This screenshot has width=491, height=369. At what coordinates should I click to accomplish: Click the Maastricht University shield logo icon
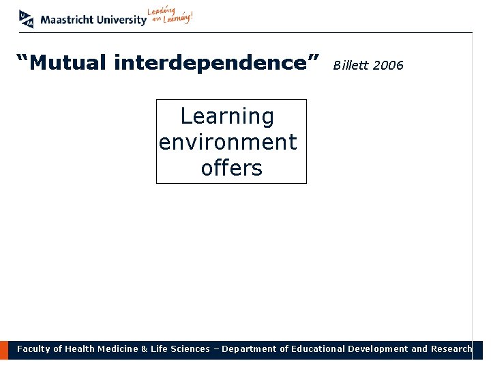pyautogui.click(x=26, y=19)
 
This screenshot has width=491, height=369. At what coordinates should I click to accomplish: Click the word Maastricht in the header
pyautogui.click(x=67, y=20)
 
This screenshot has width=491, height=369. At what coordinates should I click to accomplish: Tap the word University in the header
pyautogui.click(x=121, y=20)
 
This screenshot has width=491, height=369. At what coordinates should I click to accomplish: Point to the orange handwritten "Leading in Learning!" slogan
pyautogui.click(x=170, y=16)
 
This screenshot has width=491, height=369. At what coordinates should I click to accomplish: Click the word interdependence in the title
pyautogui.click(x=216, y=64)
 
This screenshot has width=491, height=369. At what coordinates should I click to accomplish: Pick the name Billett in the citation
pyautogui.click(x=350, y=66)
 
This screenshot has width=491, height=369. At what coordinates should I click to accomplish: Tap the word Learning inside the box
pyautogui.click(x=227, y=117)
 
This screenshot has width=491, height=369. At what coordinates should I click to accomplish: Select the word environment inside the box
pyautogui.click(x=228, y=142)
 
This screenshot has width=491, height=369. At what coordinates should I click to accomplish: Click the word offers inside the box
pyautogui.click(x=231, y=167)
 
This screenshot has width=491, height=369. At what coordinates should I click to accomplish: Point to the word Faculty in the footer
pyautogui.click(x=33, y=349)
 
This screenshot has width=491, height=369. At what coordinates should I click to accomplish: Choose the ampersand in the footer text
pyautogui.click(x=144, y=349)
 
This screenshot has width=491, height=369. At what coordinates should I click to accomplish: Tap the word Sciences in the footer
pyautogui.click(x=190, y=349)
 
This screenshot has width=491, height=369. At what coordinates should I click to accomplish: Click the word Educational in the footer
pyautogui.click(x=318, y=349)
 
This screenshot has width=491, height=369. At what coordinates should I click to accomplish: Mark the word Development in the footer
pyautogui.click(x=378, y=349)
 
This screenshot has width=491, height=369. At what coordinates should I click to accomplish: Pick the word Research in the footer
pyautogui.click(x=451, y=349)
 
